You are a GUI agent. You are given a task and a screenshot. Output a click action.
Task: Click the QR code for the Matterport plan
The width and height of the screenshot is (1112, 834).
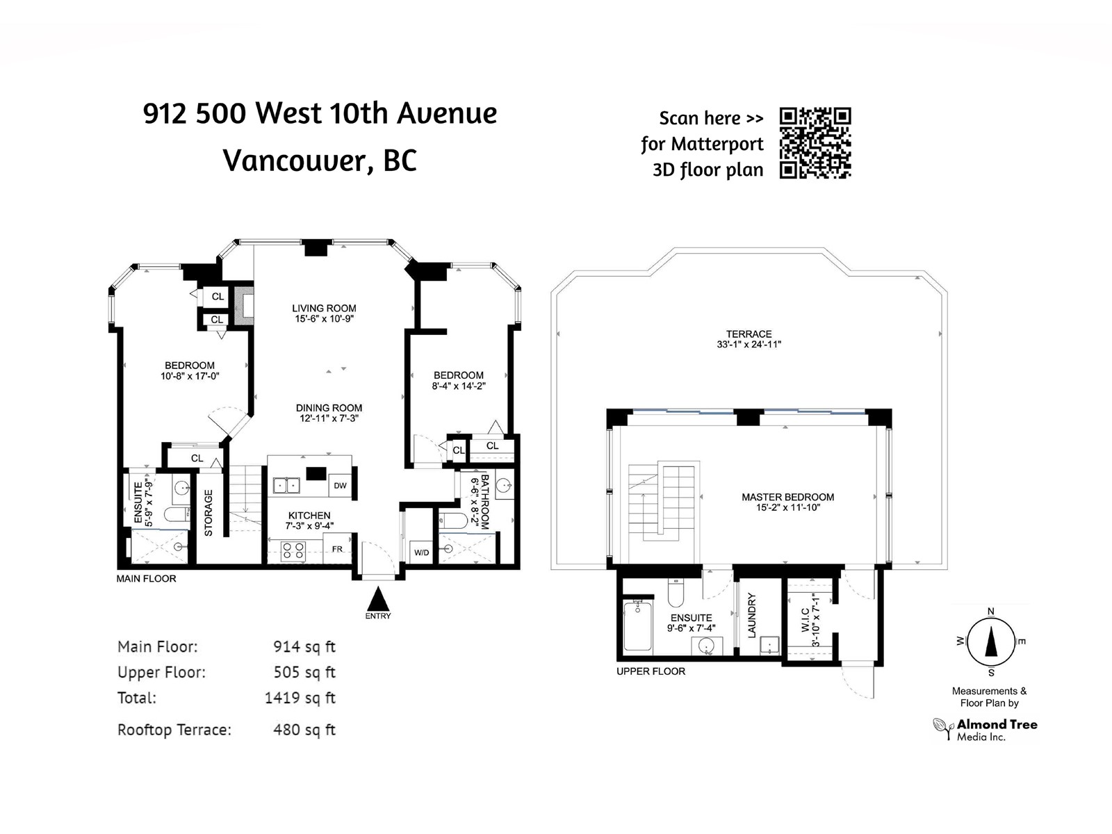(x=815, y=142)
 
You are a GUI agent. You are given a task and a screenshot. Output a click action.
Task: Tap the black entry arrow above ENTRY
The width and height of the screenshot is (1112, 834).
(x=378, y=598)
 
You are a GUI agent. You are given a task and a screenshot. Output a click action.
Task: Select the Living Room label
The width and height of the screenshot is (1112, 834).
(x=324, y=308)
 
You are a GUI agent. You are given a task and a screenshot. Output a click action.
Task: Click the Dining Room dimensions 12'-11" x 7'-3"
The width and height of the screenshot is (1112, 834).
(x=329, y=418)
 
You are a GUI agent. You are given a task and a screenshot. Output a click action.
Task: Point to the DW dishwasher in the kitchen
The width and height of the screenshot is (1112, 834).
(x=341, y=486)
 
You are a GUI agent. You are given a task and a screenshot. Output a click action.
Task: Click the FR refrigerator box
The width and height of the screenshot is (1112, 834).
(x=337, y=548)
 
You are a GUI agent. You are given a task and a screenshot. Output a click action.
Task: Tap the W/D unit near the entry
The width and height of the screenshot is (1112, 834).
(x=421, y=553)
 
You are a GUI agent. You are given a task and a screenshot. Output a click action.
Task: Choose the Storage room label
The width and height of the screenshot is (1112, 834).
(x=208, y=513)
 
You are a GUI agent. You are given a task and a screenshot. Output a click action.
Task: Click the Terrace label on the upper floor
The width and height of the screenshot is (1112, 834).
(x=749, y=334)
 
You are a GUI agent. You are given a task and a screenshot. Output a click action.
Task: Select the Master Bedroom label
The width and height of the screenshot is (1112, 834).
(x=787, y=497)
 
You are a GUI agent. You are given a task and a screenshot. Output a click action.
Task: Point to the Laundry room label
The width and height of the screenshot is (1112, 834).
(x=752, y=615)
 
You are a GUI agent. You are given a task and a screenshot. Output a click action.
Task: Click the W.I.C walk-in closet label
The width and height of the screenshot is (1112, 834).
(x=805, y=621)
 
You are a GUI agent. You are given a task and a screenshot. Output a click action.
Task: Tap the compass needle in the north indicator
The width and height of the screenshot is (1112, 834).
(x=992, y=640)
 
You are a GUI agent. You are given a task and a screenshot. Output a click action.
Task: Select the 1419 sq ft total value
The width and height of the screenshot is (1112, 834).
(x=300, y=698)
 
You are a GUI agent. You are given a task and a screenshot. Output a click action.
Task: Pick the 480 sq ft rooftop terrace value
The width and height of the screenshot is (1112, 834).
(x=304, y=730)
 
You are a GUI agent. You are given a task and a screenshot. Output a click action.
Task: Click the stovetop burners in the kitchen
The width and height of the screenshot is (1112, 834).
(x=293, y=550)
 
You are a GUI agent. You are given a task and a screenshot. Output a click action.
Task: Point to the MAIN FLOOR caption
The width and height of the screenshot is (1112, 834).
(x=147, y=578)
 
